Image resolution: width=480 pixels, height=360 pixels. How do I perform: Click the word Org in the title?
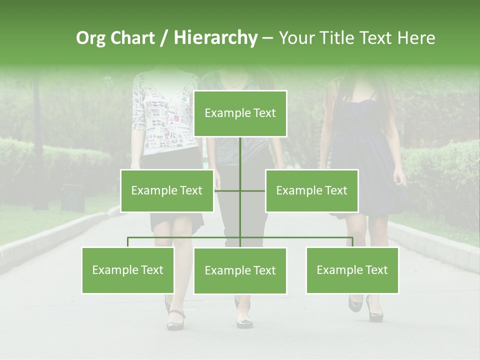click(91, 38)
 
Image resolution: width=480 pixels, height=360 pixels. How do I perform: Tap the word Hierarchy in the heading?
click(215, 38)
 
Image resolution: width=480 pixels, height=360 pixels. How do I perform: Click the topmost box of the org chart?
click(240, 113)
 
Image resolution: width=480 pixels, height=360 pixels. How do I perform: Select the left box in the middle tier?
click(166, 190)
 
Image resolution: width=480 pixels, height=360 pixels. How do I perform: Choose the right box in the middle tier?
click(311, 190)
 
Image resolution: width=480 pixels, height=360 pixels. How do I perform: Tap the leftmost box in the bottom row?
click(127, 270)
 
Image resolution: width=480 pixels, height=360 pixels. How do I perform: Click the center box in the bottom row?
click(240, 270)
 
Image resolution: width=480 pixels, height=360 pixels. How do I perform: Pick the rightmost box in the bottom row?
click(352, 270)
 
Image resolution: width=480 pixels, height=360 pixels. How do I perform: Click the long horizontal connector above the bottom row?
click(300, 237)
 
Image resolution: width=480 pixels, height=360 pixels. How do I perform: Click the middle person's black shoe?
click(244, 322)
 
